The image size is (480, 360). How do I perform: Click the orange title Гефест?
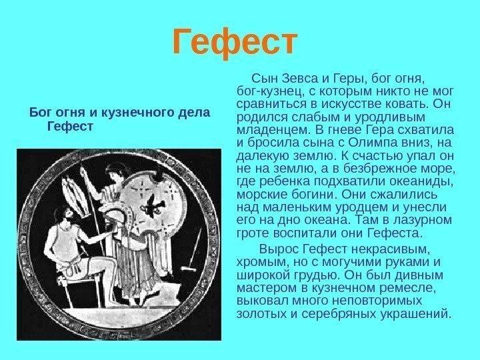(x=233, y=43)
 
